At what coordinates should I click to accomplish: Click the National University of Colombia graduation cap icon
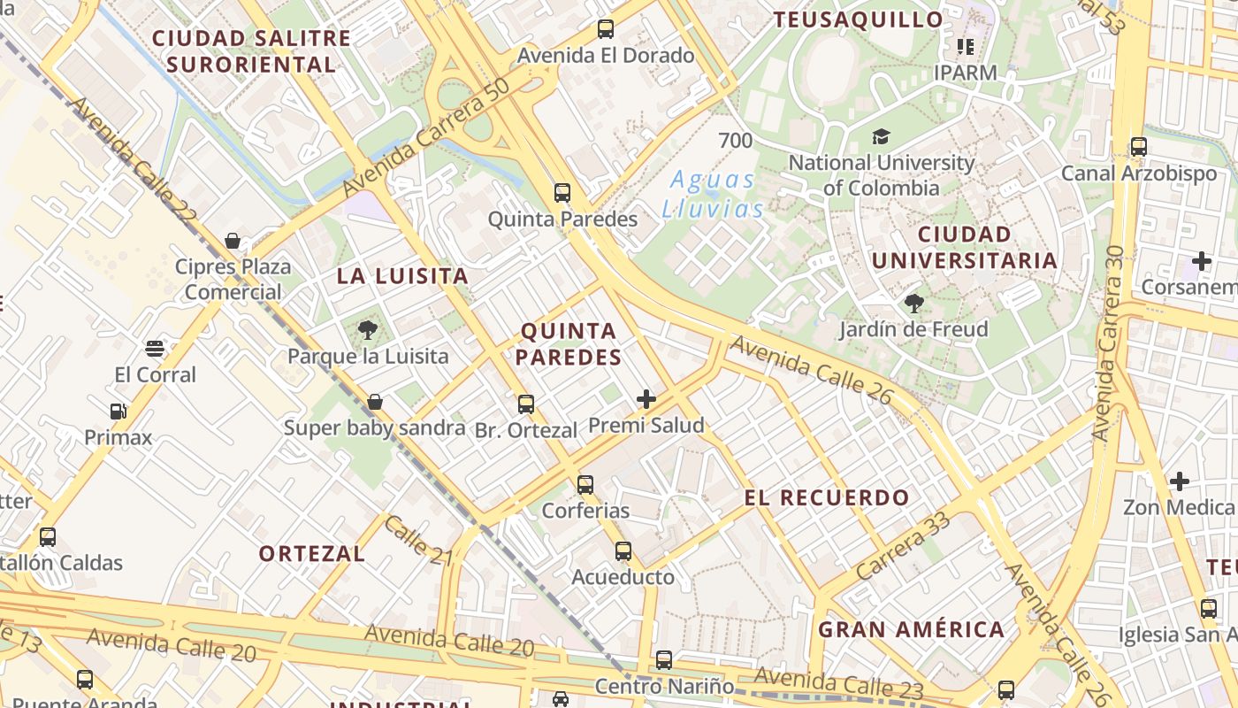pyautogui.click(x=881, y=137)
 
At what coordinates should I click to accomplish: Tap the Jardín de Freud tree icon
pyautogui.click(x=913, y=304)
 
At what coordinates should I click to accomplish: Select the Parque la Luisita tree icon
pyautogui.click(x=367, y=331)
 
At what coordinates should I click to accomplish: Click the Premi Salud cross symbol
pyautogui.click(x=646, y=399)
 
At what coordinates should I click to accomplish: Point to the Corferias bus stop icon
pyautogui.click(x=585, y=485)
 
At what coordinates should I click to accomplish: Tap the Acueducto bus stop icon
pyautogui.click(x=623, y=551)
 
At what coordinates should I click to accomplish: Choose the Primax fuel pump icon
pyautogui.click(x=118, y=412)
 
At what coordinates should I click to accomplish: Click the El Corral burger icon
pyautogui.click(x=155, y=349)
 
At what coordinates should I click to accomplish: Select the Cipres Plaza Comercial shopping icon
pyautogui.click(x=233, y=241)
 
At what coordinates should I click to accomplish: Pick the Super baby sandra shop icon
pyautogui.click(x=374, y=403)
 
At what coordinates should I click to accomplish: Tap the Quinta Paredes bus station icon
pyautogui.click(x=562, y=193)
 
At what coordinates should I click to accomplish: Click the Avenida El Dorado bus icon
pyautogui.click(x=605, y=29)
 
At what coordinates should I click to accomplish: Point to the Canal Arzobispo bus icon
pyautogui.click(x=1138, y=147)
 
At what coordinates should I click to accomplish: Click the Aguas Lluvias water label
pyautogui.click(x=712, y=194)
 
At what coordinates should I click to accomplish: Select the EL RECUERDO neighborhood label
pyautogui.click(x=826, y=497)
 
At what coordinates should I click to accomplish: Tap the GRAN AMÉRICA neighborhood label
pyautogui.click(x=911, y=630)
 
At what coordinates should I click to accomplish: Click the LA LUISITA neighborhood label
pyautogui.click(x=402, y=276)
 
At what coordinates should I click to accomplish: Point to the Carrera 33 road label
pyautogui.click(x=903, y=545)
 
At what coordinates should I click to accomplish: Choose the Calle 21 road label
pyautogui.click(x=417, y=539)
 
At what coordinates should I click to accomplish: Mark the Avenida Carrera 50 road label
pyautogui.click(x=426, y=137)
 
